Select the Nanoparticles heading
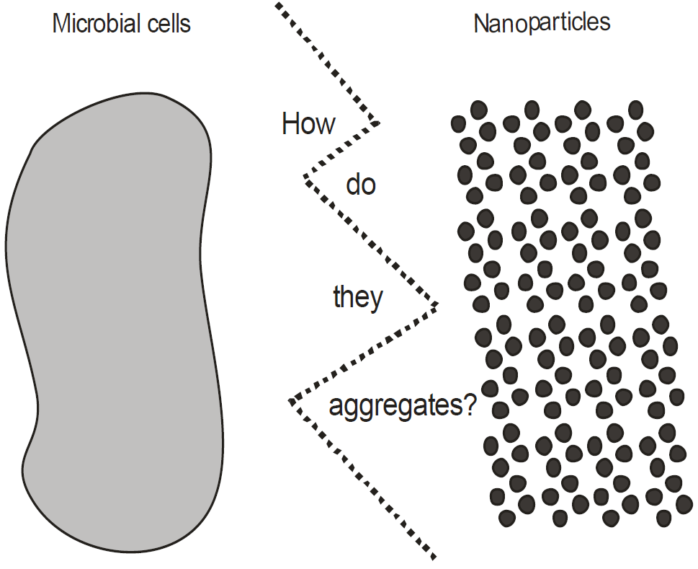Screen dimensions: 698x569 tap(542, 24)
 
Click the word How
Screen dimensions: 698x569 tap(308, 123)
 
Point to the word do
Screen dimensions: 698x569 tap(361, 184)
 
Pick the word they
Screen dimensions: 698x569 tap(358, 298)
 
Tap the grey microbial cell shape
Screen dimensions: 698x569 tap(115, 321)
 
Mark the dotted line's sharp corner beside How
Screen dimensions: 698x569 tap(379, 122)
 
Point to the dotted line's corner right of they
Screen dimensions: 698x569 tap(437, 305)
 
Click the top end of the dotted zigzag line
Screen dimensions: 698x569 tap(277, 5)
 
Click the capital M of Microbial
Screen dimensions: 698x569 tap(61, 24)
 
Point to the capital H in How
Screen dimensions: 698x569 tap(290, 123)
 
